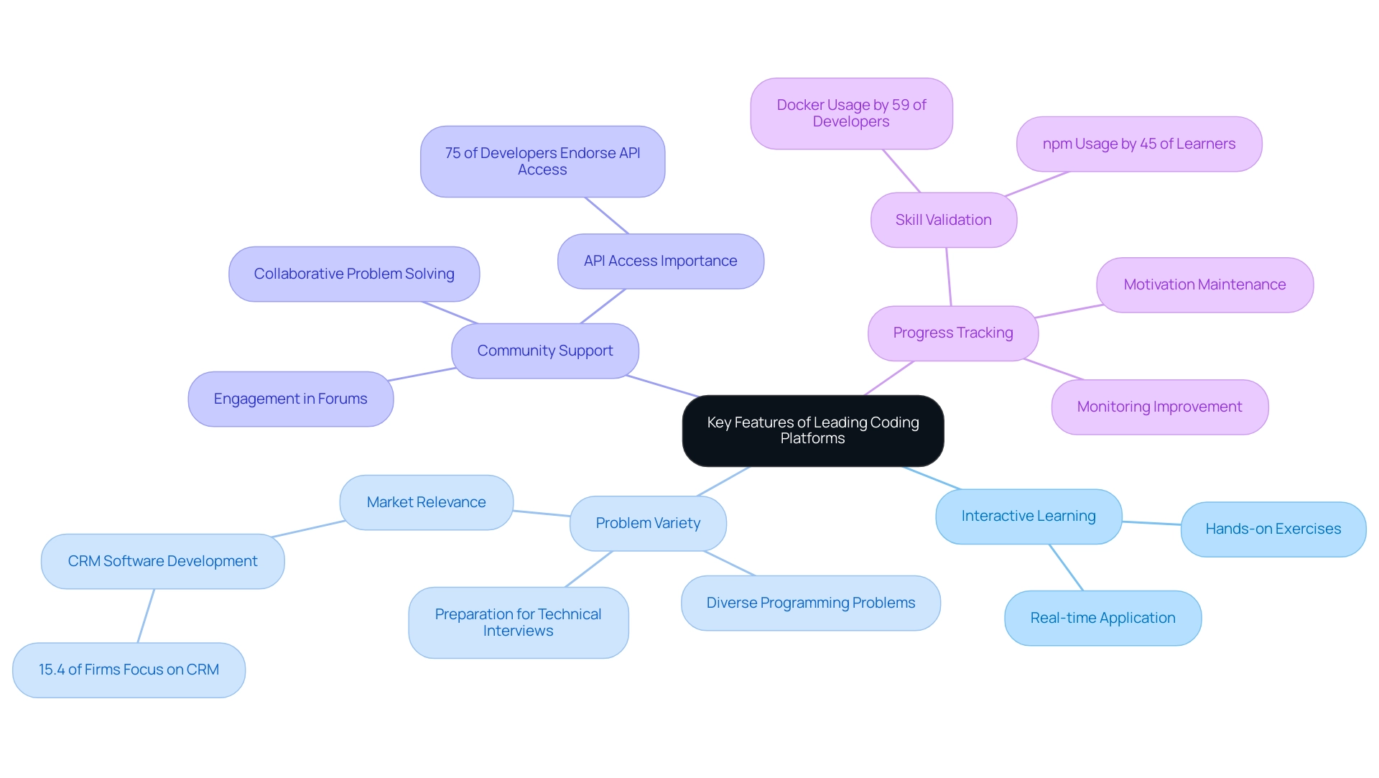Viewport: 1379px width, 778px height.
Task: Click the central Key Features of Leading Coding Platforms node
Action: [812, 430]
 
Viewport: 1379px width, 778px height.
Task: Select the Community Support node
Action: [544, 351]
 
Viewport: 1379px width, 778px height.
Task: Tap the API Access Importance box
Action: [660, 261]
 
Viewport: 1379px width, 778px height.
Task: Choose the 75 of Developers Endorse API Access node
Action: [542, 161]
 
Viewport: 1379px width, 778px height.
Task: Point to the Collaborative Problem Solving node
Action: [353, 274]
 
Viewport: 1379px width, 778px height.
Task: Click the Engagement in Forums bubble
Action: [290, 399]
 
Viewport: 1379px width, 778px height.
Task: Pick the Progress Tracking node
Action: [952, 333]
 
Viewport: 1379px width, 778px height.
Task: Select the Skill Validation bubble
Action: [943, 220]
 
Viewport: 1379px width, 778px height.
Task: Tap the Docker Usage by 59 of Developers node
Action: [851, 114]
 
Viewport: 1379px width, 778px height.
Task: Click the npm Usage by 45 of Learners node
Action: [1138, 144]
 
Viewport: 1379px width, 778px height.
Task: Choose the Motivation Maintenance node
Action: [1204, 284]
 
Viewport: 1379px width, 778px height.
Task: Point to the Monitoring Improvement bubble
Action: [1159, 407]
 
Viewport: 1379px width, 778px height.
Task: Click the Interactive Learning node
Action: [1028, 516]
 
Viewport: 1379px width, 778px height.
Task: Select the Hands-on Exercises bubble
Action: [1273, 529]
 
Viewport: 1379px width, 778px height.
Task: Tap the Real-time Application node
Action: [1102, 618]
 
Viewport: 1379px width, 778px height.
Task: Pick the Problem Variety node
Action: [648, 523]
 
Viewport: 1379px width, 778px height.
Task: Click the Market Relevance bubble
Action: [426, 502]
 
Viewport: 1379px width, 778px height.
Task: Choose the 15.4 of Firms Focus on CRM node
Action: [129, 670]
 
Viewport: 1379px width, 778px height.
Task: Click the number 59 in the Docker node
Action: [901, 105]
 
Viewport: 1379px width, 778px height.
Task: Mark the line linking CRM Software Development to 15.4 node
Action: [146, 616]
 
